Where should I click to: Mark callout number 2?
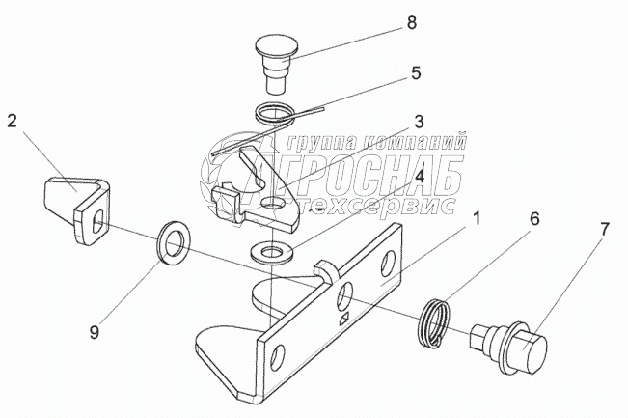[x=13, y=121]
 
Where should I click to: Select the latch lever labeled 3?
[x=253, y=185]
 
